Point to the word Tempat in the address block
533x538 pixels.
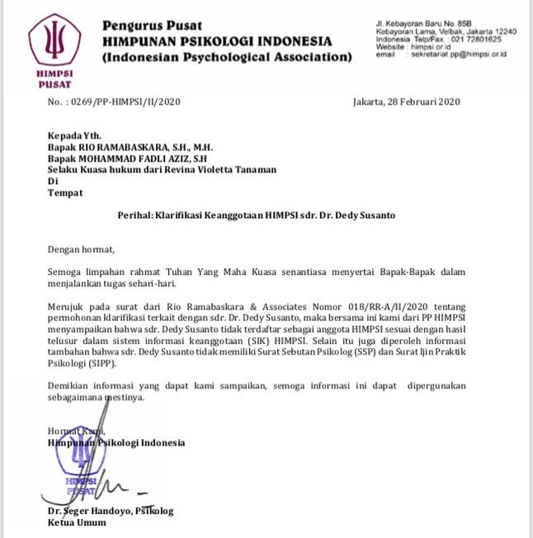pyautogui.click(x=65, y=192)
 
